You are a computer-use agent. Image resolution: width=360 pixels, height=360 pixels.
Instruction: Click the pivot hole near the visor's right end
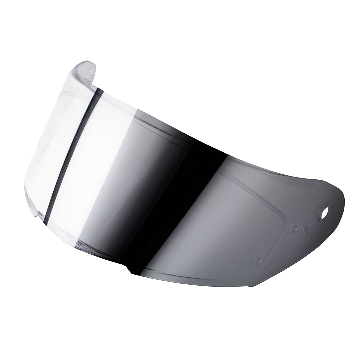coord(324,212)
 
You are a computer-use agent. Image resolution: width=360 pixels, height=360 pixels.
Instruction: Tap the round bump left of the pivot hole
coord(293,228)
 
